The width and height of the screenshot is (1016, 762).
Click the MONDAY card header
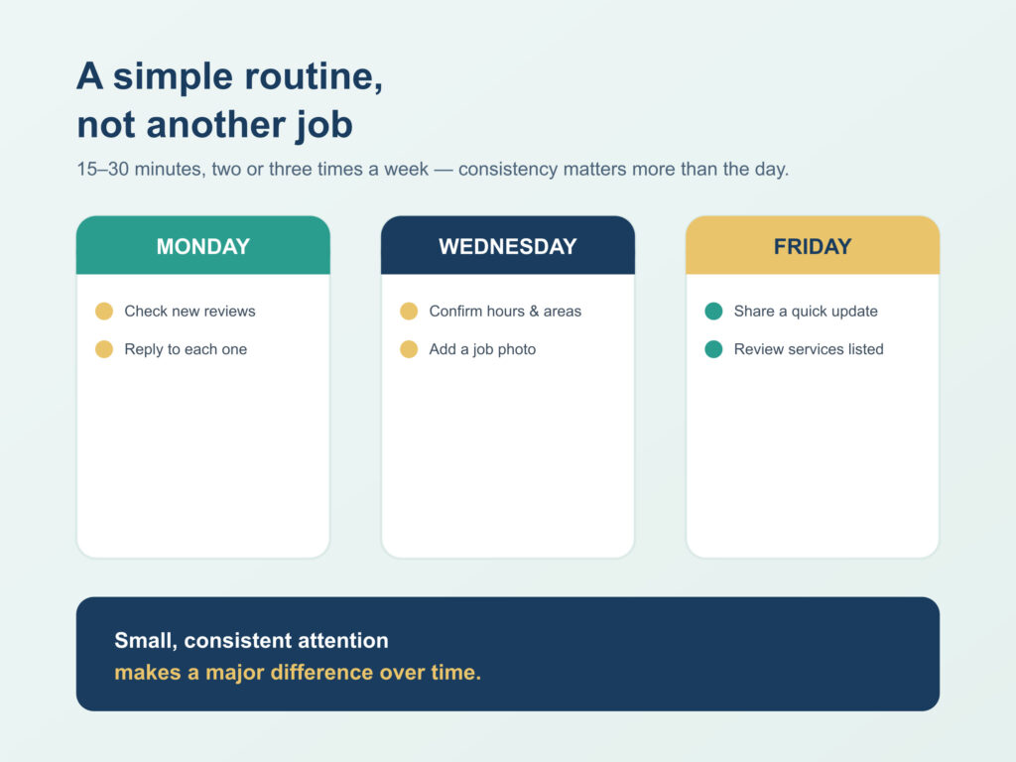click(202, 245)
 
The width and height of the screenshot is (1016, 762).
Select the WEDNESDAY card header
click(507, 245)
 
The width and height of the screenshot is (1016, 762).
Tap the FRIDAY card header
click(813, 245)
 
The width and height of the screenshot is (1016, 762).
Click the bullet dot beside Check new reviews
click(104, 311)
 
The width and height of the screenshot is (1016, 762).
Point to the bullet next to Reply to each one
click(104, 349)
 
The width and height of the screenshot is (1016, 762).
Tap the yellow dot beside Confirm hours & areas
click(409, 311)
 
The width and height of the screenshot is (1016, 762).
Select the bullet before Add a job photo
click(409, 349)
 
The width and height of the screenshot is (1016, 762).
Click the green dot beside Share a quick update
click(713, 311)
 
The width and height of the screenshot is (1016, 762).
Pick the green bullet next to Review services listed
click(713, 349)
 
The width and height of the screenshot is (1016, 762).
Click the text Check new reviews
click(190, 311)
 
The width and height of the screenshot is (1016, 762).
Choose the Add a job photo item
click(482, 349)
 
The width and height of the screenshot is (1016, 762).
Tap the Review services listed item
click(809, 349)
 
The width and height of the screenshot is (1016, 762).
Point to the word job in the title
click(324, 125)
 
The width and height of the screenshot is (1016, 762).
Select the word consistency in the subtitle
click(508, 169)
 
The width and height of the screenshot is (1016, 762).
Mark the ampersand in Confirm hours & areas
click(534, 311)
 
